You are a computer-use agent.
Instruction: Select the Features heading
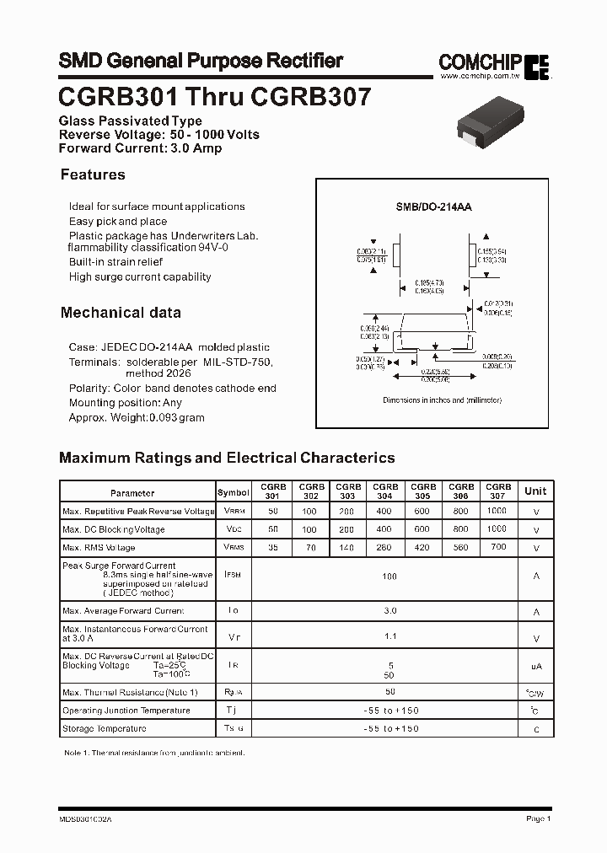93,174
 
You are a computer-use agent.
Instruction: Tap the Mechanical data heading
121,313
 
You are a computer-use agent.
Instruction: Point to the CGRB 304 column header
385,491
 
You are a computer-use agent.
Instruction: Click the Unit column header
535,491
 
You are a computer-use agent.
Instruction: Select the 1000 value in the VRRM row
497,511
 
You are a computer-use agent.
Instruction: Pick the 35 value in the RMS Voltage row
273,547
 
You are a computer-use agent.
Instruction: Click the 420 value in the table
423,547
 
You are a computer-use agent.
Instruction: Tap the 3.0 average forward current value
389,610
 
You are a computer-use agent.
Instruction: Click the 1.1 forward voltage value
389,638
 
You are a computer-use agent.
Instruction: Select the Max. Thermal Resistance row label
130,692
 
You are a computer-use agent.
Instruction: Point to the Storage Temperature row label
105,728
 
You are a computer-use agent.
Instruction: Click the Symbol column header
234,492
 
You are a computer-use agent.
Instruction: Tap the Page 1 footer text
538,818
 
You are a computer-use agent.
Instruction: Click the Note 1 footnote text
154,752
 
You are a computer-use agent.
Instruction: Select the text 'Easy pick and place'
118,221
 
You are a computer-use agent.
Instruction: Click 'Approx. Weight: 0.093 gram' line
137,417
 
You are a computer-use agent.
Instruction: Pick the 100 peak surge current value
389,577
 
